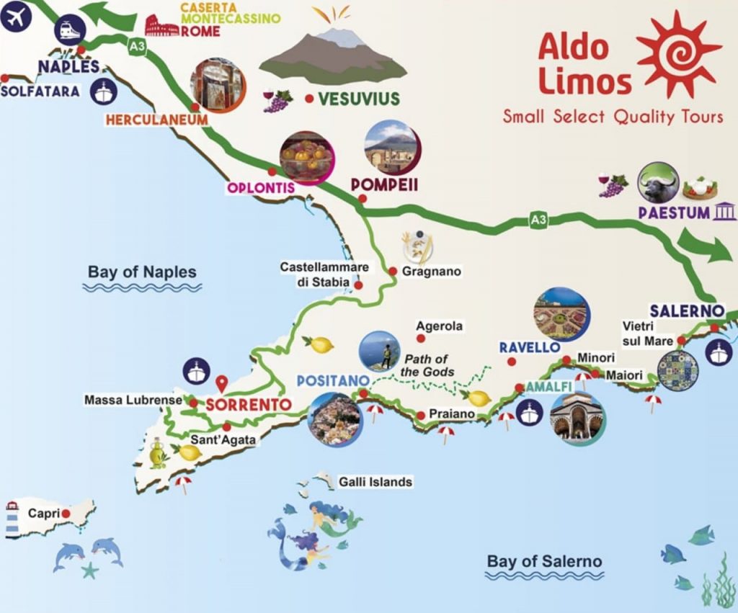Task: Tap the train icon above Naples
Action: click(70, 30)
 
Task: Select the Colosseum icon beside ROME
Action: click(161, 27)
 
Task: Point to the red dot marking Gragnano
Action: click(393, 272)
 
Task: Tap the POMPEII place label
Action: click(384, 185)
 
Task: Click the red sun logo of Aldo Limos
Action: click(678, 53)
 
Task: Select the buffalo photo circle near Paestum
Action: click(657, 183)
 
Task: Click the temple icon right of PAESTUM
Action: click(723, 212)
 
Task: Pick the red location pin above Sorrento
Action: click(222, 382)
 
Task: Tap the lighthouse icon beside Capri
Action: click(12, 519)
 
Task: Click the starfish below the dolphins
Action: click(89, 571)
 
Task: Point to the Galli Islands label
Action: click(375, 482)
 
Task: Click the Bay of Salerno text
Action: click(544, 561)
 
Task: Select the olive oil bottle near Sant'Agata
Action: click(157, 453)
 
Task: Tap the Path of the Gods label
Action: click(428, 365)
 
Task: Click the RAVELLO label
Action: click(530, 347)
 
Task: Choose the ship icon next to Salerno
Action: click(719, 352)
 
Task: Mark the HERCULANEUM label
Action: click(156, 120)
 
